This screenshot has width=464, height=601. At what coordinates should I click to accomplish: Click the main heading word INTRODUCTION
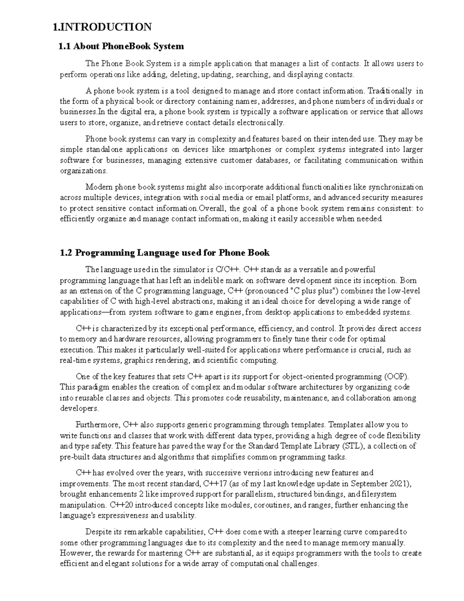pyautogui.click(x=106, y=27)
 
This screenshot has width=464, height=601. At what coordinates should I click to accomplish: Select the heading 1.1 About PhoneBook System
pyautogui.click(x=121, y=47)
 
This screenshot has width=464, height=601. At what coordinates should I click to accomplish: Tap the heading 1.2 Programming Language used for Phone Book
pyautogui.click(x=165, y=253)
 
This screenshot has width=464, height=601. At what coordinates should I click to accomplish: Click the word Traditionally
pyautogui.click(x=389, y=91)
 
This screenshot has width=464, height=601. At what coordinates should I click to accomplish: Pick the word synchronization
pyautogui.click(x=395, y=187)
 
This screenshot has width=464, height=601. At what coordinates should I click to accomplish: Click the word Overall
pyautogui.click(x=212, y=209)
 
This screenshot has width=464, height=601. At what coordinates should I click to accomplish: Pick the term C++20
pyautogui.click(x=122, y=505)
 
